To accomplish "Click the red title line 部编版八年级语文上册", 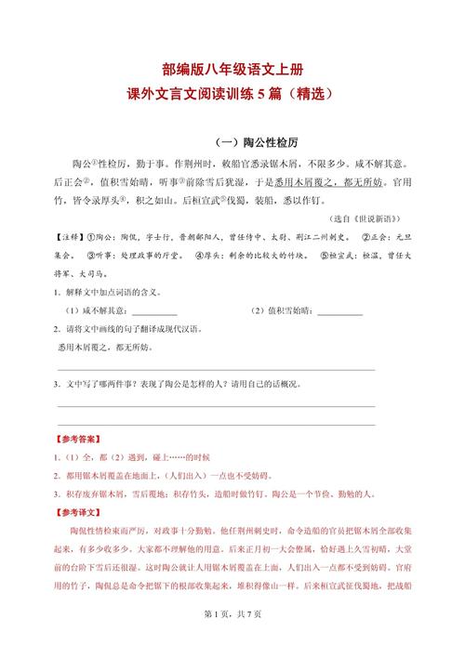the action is (232, 70).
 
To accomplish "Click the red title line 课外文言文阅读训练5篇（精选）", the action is (232, 95).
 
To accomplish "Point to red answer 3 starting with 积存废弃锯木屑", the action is (214, 493).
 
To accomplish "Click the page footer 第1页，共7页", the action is (232, 640).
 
